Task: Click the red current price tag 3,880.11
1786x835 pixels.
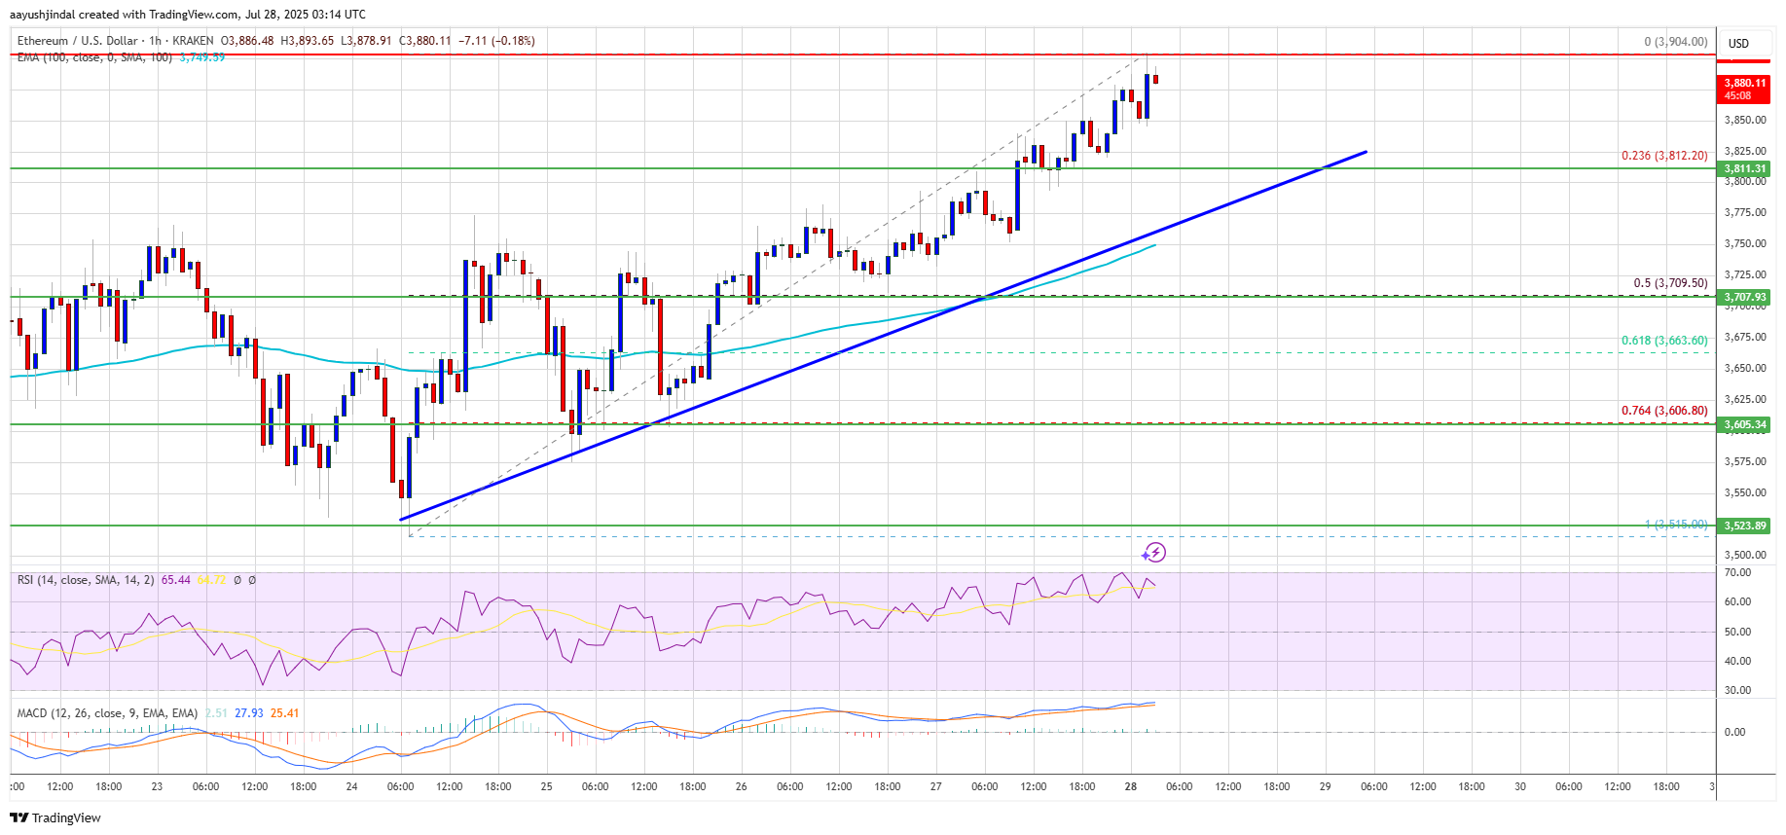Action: point(1744,84)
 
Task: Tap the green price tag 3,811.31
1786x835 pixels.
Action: point(1744,168)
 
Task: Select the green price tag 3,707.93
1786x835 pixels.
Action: point(1744,297)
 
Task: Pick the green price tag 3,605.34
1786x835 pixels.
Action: point(1744,424)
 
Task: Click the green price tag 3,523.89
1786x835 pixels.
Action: point(1744,526)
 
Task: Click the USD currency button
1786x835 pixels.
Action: point(1738,44)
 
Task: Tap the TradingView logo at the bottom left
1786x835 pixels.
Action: point(55,817)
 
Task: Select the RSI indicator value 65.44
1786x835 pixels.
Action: point(176,580)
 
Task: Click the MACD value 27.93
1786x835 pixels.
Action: point(249,713)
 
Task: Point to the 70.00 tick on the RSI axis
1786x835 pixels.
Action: point(1737,573)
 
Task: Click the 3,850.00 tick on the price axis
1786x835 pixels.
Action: point(1744,121)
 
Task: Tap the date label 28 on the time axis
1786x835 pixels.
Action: point(1130,786)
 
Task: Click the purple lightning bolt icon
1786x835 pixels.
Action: point(1155,553)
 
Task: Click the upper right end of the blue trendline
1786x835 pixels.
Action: point(1366,152)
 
